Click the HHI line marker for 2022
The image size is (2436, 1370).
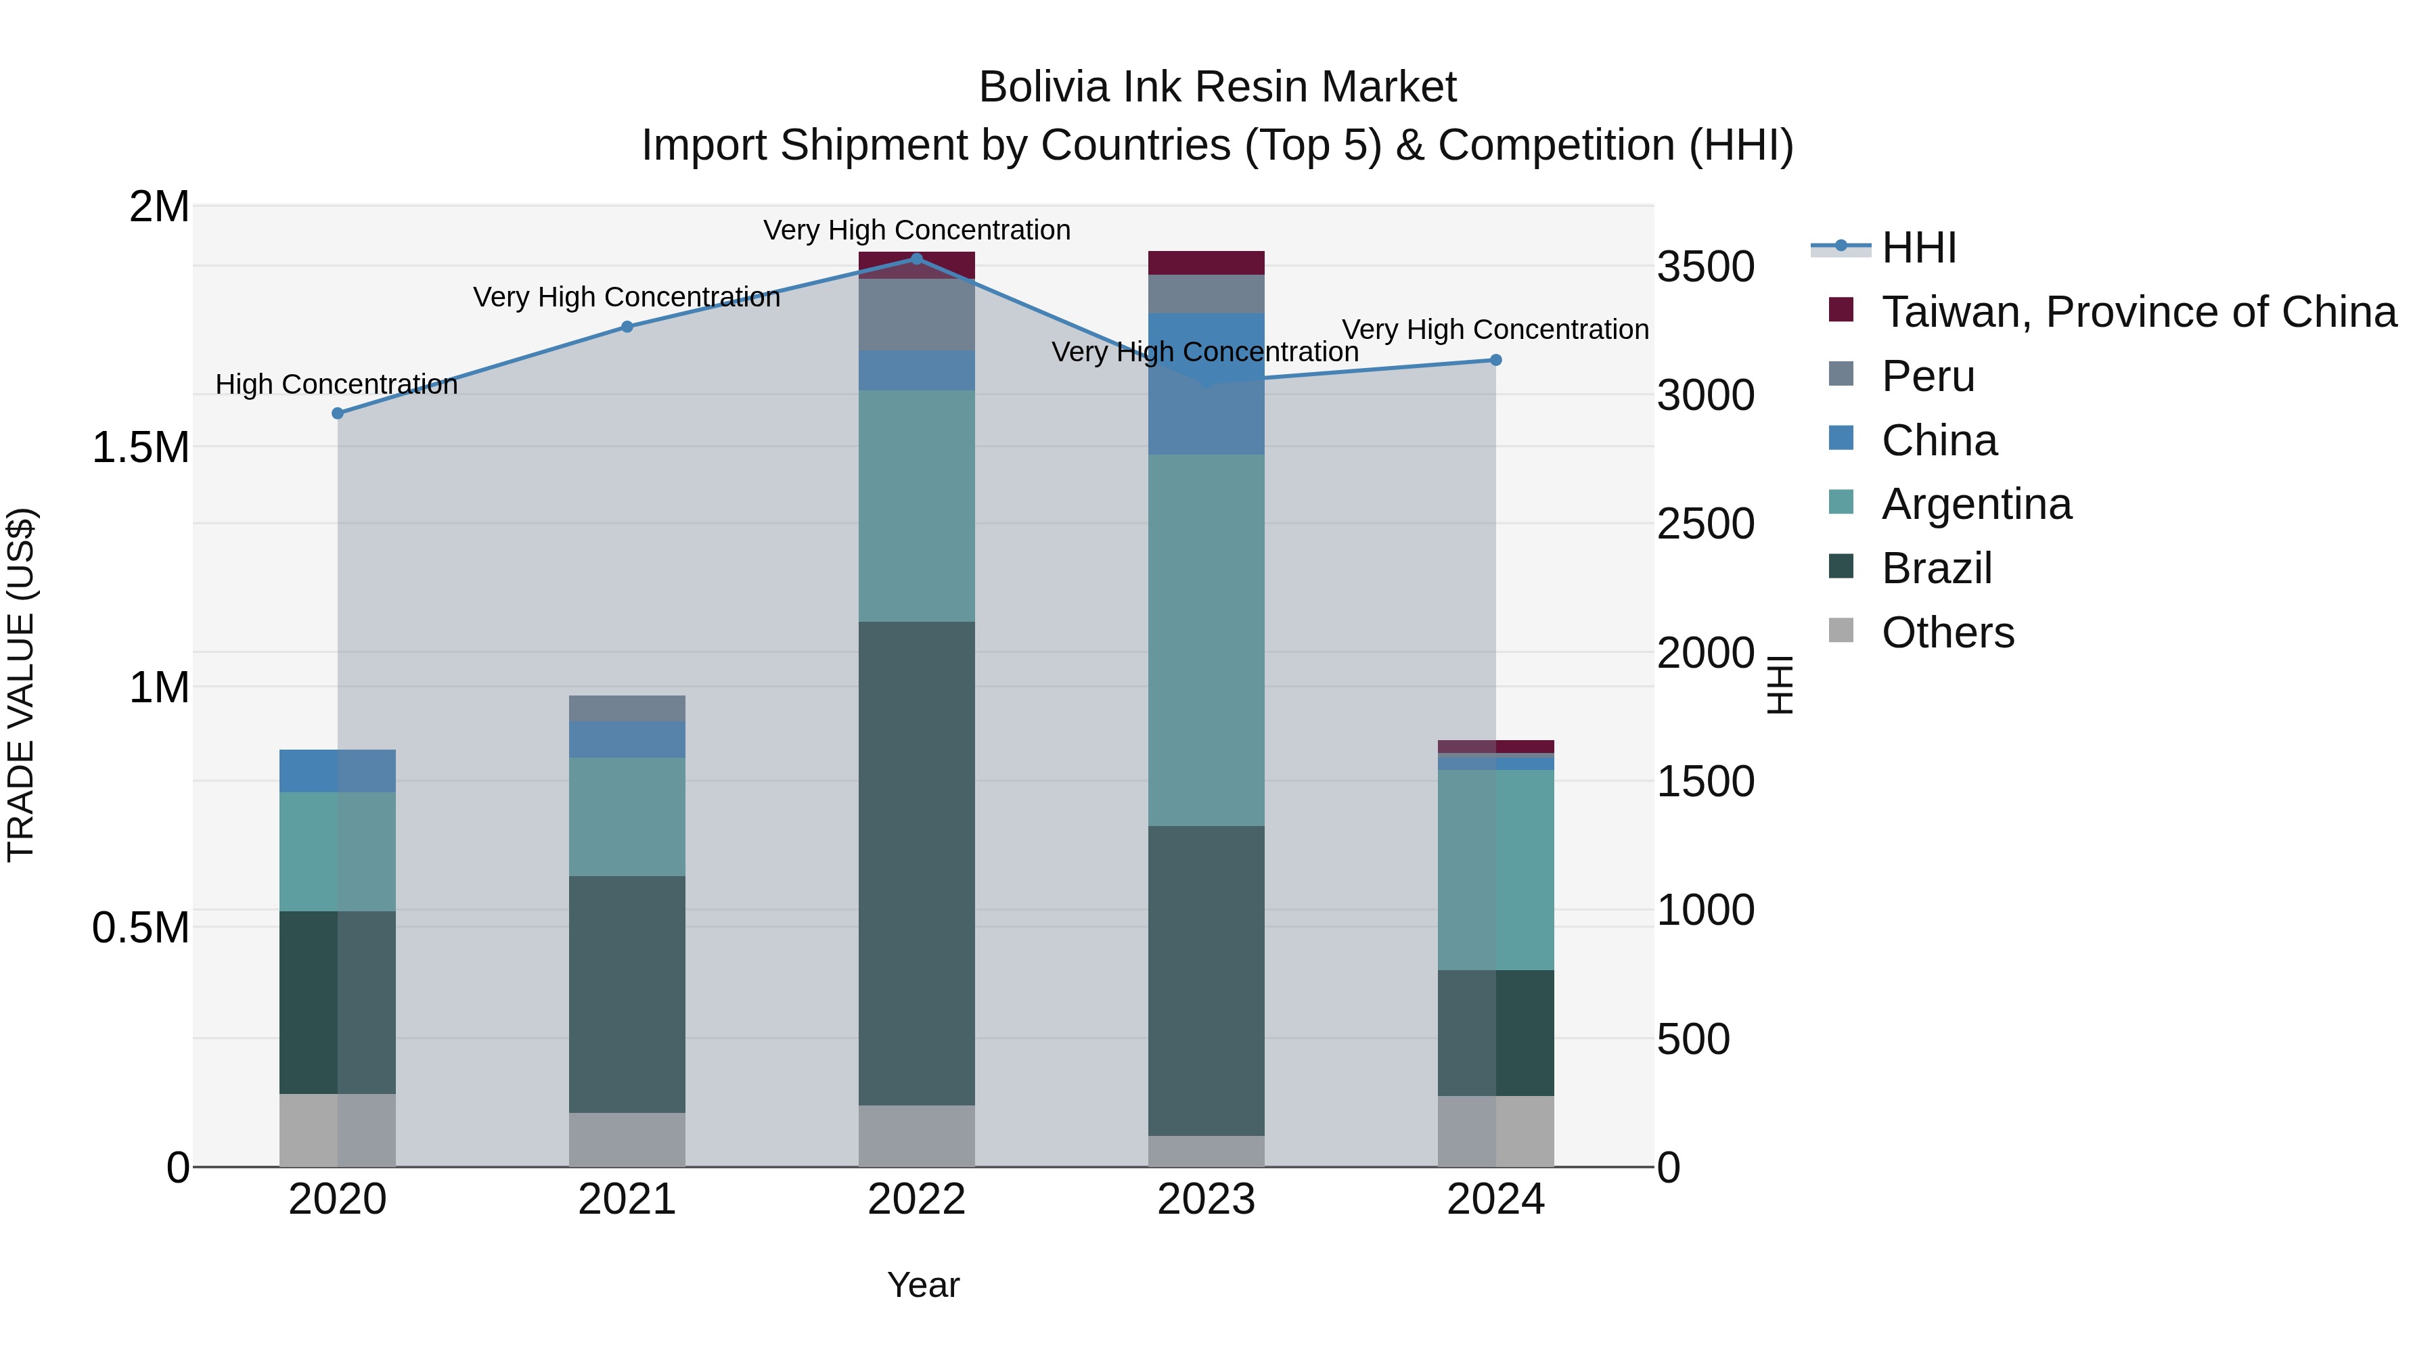click(x=916, y=259)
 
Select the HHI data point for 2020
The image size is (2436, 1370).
click(x=338, y=413)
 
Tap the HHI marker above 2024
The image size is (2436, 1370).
click(x=1495, y=360)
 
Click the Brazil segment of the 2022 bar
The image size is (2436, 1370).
click(x=916, y=863)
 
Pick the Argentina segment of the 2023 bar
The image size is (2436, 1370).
click(x=1206, y=640)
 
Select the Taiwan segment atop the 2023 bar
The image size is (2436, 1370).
click(x=1206, y=263)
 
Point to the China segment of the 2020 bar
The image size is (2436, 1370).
click(x=338, y=771)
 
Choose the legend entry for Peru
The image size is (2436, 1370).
click(x=1927, y=376)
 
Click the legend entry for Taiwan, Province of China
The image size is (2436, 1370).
click(x=2137, y=312)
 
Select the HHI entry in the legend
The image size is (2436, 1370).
click(x=1918, y=248)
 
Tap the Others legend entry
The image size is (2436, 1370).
click(x=1946, y=633)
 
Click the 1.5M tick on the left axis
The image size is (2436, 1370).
click(x=140, y=447)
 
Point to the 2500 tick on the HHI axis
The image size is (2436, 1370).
click(x=1705, y=524)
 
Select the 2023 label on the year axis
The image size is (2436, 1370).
click(x=1206, y=1200)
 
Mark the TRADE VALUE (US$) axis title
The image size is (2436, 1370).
click(x=21, y=685)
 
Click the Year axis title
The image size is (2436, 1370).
click(x=923, y=1285)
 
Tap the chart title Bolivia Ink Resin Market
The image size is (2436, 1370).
click(x=1217, y=87)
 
